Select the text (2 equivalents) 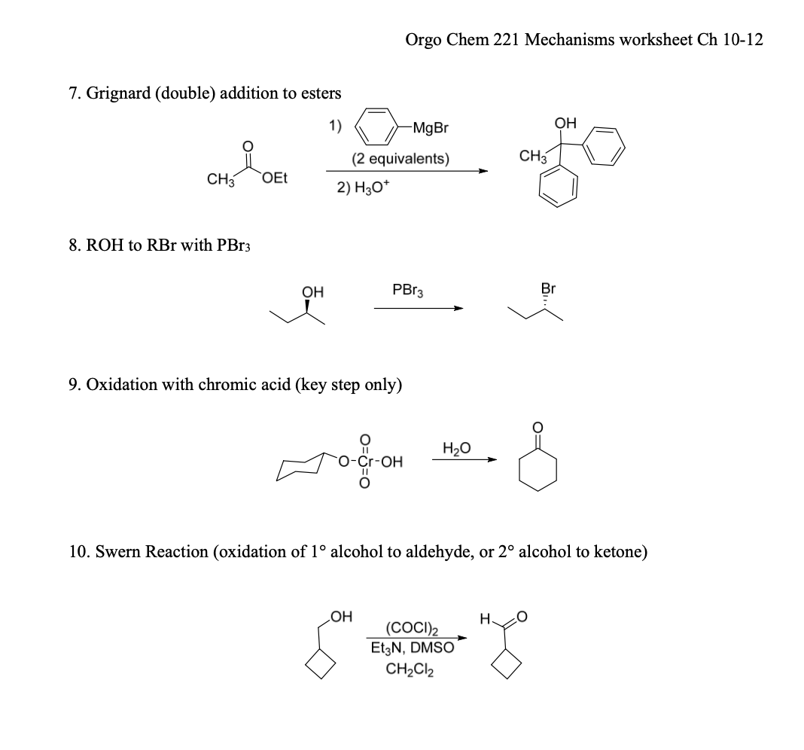[x=400, y=160]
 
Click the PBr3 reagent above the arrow [x=407, y=289]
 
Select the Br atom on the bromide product [x=548, y=289]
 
